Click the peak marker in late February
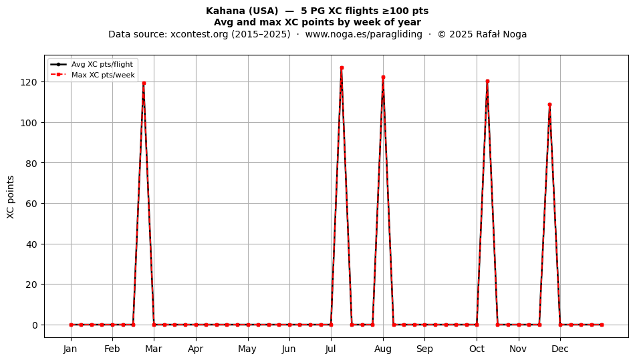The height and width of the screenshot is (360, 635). coord(144,83)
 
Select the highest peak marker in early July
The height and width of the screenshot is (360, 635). coord(342,68)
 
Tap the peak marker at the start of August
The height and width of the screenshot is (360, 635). coord(383,77)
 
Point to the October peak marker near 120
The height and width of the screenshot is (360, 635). coord(487,81)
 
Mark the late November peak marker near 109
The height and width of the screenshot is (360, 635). coord(549,105)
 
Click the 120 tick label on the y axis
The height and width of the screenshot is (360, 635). coord(29,82)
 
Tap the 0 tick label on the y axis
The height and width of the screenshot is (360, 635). coord(35,325)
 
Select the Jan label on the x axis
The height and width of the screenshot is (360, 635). coord(70,349)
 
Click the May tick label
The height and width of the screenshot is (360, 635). coord(247,349)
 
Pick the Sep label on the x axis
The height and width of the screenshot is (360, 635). coord(424,349)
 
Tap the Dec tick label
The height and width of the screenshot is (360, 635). coord(560,349)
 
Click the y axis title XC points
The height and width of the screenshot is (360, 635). coord(11,197)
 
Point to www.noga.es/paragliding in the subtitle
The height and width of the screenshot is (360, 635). coord(363,34)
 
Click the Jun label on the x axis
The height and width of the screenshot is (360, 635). coord(289,349)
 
